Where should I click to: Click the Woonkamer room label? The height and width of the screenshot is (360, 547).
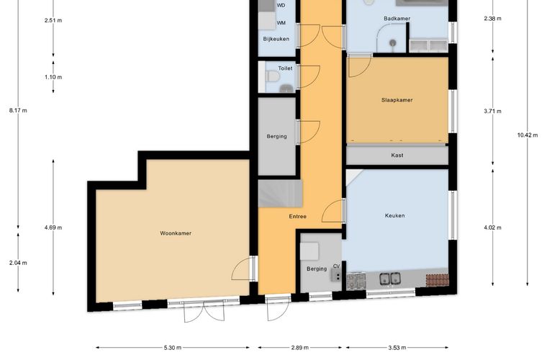176,233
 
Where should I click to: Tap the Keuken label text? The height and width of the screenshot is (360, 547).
395,215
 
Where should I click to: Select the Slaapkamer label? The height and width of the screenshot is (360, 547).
397,100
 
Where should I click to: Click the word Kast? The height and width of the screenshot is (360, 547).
397,156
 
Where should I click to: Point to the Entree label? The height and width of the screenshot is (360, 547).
297,217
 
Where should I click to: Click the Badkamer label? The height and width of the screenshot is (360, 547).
397,19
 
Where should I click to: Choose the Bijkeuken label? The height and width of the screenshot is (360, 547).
276,39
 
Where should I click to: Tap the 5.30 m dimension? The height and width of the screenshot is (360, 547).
173,348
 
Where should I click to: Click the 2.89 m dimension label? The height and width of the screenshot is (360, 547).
299,348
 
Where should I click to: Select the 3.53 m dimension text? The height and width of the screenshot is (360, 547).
397,348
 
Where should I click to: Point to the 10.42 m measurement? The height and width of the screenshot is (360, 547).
528,135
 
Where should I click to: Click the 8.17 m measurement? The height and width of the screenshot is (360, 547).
18,111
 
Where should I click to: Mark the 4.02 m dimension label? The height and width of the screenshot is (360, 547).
492,228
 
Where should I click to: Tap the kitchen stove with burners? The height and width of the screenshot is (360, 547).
356,282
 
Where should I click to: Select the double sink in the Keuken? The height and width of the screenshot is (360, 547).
390,279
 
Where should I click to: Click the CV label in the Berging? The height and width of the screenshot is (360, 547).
336,266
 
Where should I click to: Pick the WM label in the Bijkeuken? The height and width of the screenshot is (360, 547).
281,23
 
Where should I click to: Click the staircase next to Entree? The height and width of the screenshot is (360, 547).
280,194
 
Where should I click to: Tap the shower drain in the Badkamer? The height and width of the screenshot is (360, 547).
393,43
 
